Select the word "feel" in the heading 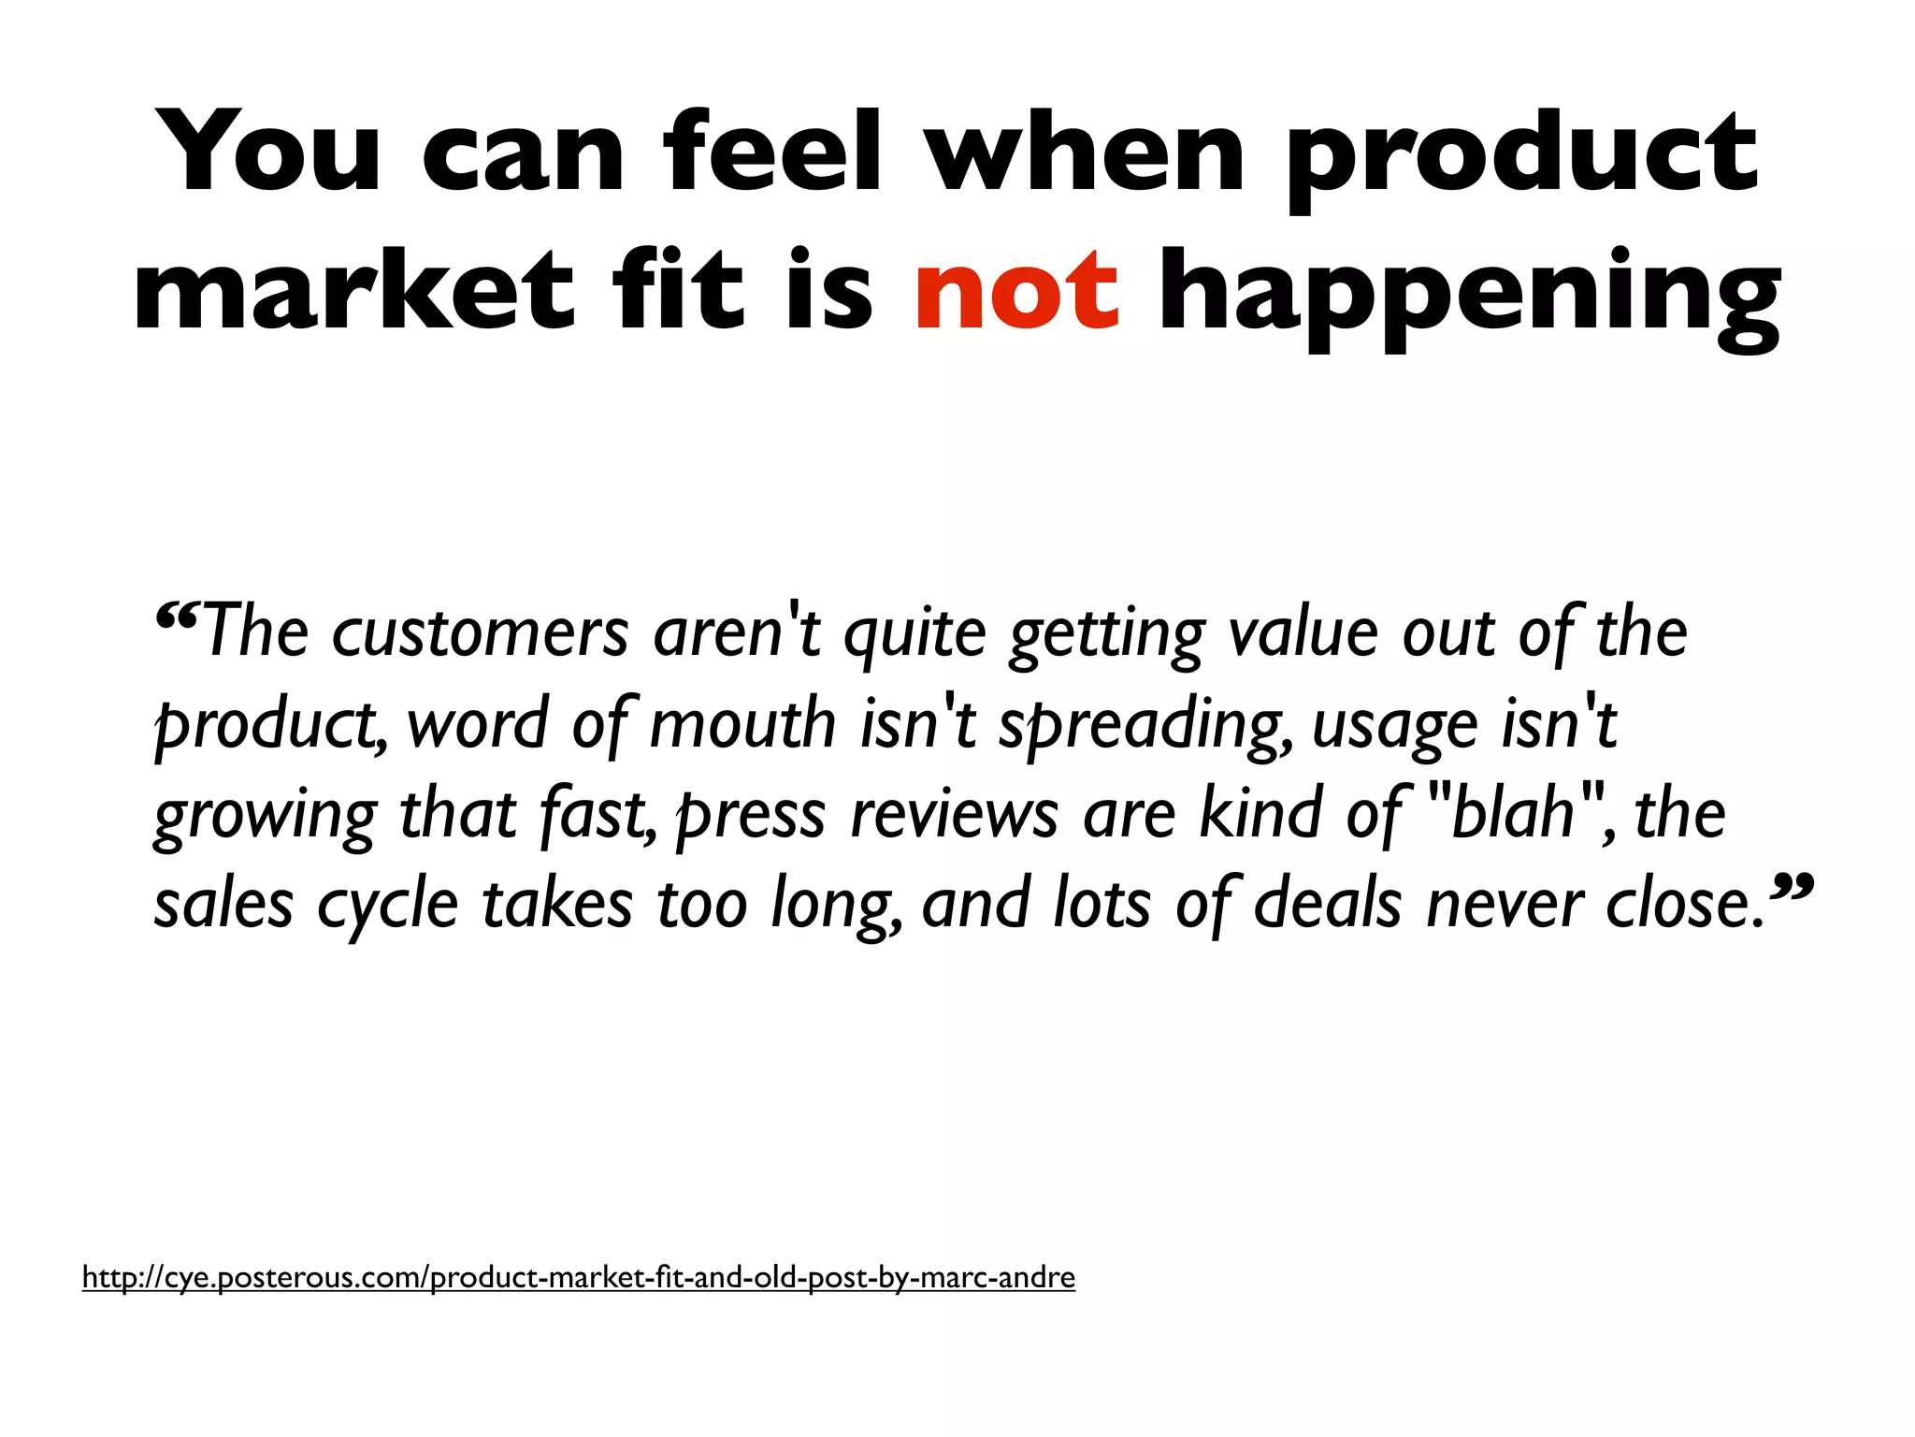772,152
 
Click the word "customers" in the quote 481,633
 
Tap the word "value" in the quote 1302,633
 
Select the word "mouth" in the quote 742,724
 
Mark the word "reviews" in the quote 954,814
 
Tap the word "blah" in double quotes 1512,812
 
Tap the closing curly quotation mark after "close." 1793,886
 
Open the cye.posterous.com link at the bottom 578,1277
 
